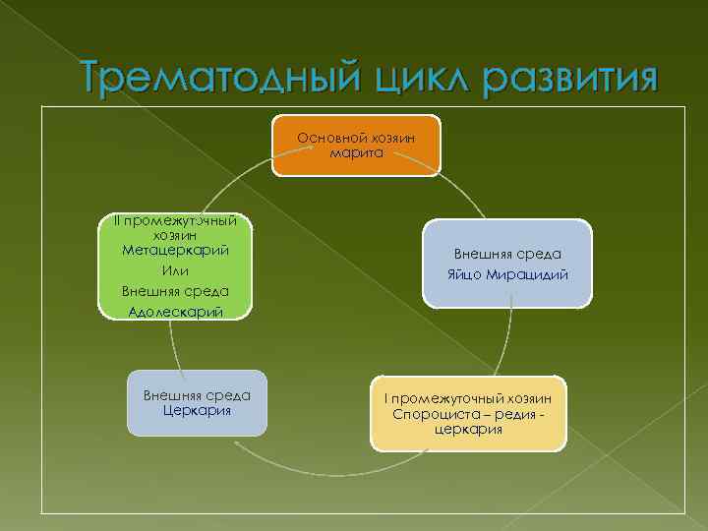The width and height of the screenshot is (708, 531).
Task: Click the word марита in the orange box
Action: (x=356, y=153)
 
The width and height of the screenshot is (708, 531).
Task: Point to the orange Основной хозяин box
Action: (x=356, y=146)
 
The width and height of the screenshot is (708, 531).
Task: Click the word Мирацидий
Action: (x=528, y=274)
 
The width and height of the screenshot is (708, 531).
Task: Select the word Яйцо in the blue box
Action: (x=466, y=274)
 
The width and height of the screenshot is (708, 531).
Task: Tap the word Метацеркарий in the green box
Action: (x=175, y=251)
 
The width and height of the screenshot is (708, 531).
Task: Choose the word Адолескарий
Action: (x=175, y=312)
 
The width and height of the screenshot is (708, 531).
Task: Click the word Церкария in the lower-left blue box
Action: (x=198, y=409)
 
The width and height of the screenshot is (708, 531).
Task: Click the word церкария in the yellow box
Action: (x=468, y=429)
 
